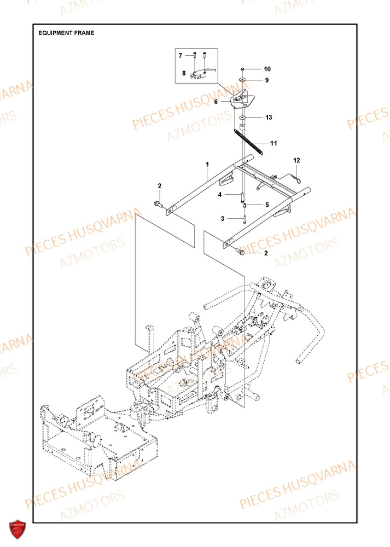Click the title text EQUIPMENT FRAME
coord(66,33)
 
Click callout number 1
coord(207,164)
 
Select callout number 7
coord(179,56)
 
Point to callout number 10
coord(267,69)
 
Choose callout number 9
coord(267,80)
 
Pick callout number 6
coord(216,101)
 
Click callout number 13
coord(269,118)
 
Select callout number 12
coord(297,160)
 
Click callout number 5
coord(267,205)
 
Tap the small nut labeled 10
coord(242,69)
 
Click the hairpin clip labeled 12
coord(296,177)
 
